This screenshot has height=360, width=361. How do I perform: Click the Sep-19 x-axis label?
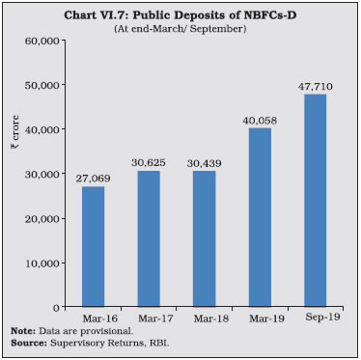pyautogui.click(x=316, y=317)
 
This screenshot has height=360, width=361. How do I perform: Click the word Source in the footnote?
pyautogui.click(x=25, y=343)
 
